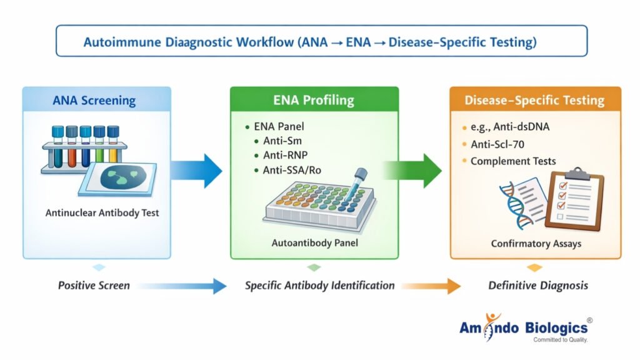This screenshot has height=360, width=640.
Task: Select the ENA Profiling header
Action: coord(313,100)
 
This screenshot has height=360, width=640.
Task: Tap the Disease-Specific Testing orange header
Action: coord(534,100)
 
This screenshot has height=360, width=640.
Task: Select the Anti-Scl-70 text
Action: coord(497,144)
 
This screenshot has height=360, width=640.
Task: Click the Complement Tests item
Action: coord(513,161)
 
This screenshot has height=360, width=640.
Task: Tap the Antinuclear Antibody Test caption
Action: coord(102,212)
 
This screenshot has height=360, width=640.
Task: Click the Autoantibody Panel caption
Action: coord(314,242)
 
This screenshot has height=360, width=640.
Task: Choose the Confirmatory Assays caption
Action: coord(535,243)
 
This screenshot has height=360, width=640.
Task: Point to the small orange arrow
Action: coord(431,286)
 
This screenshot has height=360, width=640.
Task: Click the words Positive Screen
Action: coord(94,286)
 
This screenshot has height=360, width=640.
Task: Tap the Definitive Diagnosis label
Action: coord(537,286)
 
